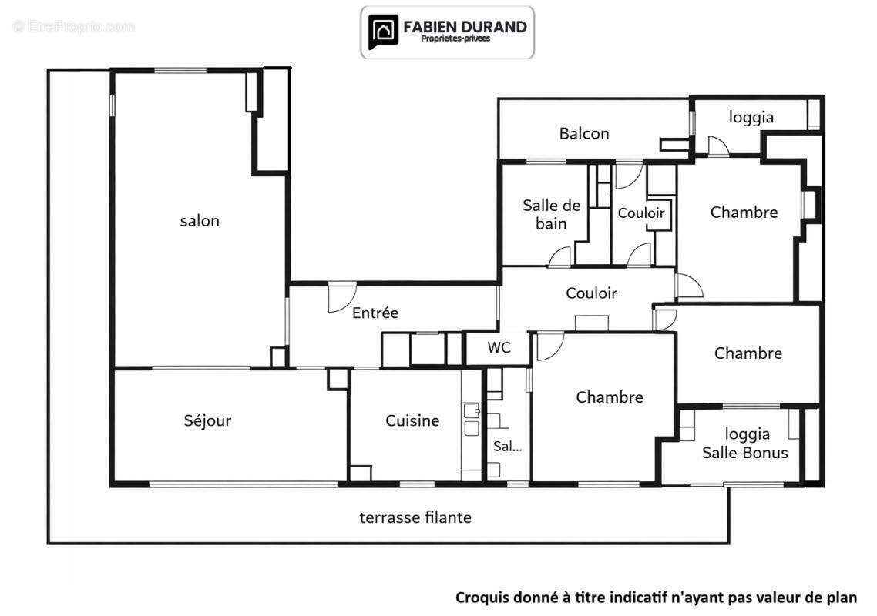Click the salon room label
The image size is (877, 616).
pyautogui.click(x=200, y=221)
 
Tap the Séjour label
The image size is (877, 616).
pyautogui.click(x=207, y=420)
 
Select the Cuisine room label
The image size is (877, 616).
pyautogui.click(x=412, y=420)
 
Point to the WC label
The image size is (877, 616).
pyautogui.click(x=499, y=348)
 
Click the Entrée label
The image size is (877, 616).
pyautogui.click(x=375, y=313)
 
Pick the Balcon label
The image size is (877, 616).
pyautogui.click(x=584, y=134)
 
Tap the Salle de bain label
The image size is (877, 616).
pyautogui.click(x=552, y=214)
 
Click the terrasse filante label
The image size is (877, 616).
pyautogui.click(x=415, y=517)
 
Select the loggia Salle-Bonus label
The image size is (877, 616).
pyautogui.click(x=745, y=444)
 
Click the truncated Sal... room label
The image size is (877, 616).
pyautogui.click(x=507, y=446)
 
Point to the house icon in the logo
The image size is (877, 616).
pyautogui.click(x=383, y=32)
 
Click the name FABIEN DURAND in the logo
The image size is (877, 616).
pyautogui.click(x=465, y=27)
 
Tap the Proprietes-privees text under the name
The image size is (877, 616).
pyautogui.click(x=455, y=38)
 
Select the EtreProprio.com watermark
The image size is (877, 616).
pyautogui.click(x=74, y=26)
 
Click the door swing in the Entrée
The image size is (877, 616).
pyautogui.click(x=341, y=297)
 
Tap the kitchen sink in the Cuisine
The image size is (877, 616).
pyautogui.click(x=472, y=419)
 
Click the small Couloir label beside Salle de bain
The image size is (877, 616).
pyautogui.click(x=641, y=213)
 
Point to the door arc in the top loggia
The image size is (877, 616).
pyautogui.click(x=719, y=146)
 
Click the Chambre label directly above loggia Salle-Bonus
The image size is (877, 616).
pyautogui.click(x=748, y=353)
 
